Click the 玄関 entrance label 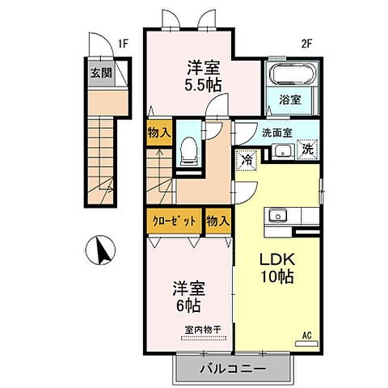[x=101, y=73]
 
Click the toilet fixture [x=189, y=151]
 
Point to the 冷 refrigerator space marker [x=247, y=160]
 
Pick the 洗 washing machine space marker [x=307, y=150]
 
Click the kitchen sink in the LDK [x=277, y=216]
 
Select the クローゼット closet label [x=174, y=221]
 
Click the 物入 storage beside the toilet [x=159, y=133]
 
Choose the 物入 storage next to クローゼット [x=218, y=221]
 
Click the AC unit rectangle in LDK [x=306, y=344]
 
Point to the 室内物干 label [x=203, y=330]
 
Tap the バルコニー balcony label [x=233, y=369]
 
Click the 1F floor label [x=123, y=44]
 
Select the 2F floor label [x=306, y=44]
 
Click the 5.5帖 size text [x=203, y=85]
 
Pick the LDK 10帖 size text [x=276, y=276]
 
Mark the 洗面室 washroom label [x=277, y=133]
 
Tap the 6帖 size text [x=188, y=306]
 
